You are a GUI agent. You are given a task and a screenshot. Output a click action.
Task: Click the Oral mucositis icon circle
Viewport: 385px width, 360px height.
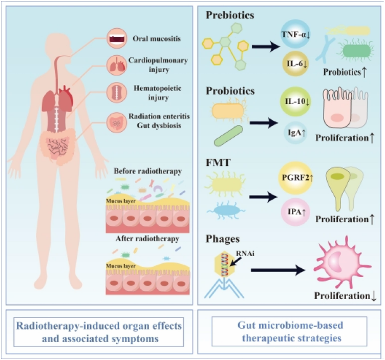(115, 38)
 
